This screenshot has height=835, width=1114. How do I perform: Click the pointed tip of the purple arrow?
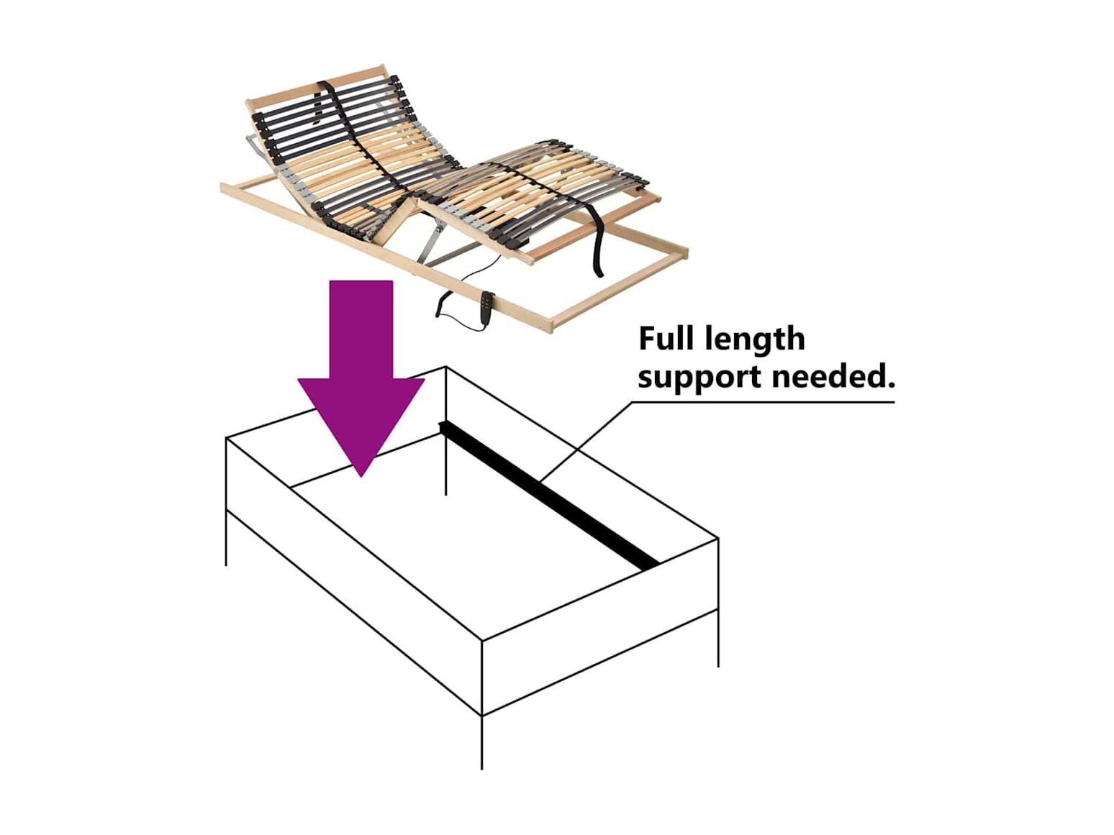coord(361,476)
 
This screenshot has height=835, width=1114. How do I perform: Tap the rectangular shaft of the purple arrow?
coord(361,330)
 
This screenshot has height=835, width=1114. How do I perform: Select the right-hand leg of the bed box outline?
coord(718,638)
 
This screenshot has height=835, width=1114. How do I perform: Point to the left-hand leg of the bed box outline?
coord(226,537)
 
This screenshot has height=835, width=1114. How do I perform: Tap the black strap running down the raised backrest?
coord(356,137)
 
